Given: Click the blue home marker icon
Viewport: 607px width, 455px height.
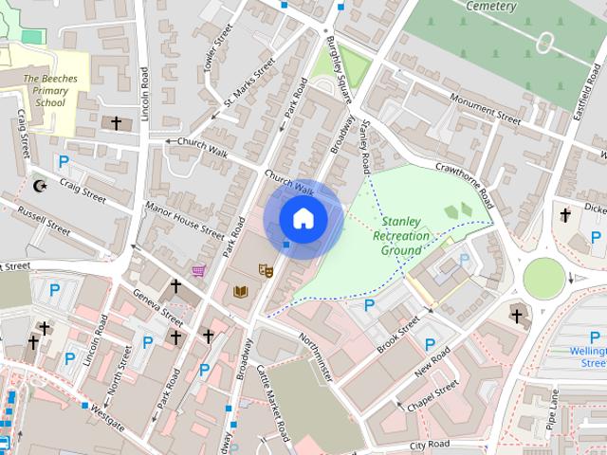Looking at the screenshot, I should [x=303, y=218].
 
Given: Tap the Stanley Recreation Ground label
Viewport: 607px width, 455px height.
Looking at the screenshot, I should [x=400, y=236].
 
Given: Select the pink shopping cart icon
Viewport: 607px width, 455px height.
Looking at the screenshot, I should [x=198, y=271].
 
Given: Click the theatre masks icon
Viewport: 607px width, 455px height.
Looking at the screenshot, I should [x=267, y=272].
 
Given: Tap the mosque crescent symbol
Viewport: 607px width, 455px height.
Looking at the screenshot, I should [x=40, y=186].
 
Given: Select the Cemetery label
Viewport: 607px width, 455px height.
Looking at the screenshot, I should [x=491, y=7].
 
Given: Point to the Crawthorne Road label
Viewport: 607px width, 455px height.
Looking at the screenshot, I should [x=464, y=183].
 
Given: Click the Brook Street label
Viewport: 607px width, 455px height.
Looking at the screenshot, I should [x=395, y=332].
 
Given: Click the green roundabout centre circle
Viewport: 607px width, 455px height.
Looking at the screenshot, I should [x=543, y=278].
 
